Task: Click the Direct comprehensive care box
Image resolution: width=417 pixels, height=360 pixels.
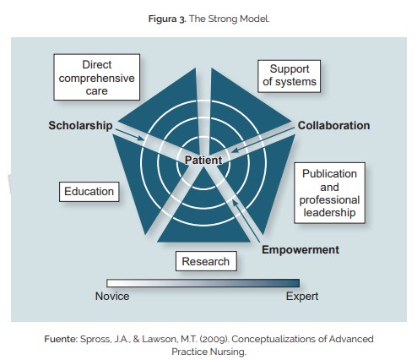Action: (x=97, y=77)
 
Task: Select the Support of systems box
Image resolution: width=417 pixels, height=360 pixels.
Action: (x=290, y=76)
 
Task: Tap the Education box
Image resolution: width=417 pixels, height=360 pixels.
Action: (x=89, y=192)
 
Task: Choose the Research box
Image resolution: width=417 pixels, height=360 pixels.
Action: (x=206, y=261)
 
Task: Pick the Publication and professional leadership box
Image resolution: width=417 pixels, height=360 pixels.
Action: (x=330, y=193)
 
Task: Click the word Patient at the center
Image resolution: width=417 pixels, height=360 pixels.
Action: (x=203, y=160)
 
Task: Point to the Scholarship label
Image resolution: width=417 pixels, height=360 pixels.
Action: (x=80, y=125)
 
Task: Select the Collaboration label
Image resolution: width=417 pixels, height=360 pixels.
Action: (x=333, y=125)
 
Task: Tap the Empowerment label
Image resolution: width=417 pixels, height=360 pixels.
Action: (x=301, y=249)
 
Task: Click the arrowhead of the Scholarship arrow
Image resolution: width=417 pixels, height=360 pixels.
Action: (x=142, y=139)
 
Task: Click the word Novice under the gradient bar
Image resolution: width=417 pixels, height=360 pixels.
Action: (x=112, y=296)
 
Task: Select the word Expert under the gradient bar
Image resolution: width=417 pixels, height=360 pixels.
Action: (x=302, y=296)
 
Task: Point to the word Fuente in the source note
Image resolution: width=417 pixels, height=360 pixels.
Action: (x=61, y=339)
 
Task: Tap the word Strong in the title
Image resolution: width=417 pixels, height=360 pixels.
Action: (x=222, y=19)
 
